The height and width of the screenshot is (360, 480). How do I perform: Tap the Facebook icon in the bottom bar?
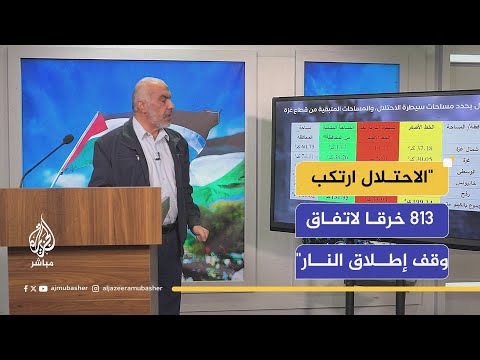(x=25, y=287)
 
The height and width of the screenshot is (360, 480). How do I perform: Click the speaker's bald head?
(x=151, y=92)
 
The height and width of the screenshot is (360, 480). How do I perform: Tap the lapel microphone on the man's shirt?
(x=157, y=156)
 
